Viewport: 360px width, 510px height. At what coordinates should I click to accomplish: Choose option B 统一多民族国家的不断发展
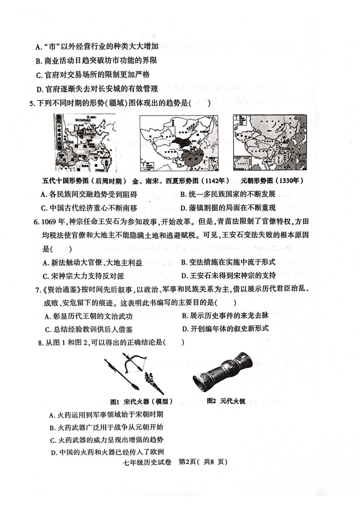228,194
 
